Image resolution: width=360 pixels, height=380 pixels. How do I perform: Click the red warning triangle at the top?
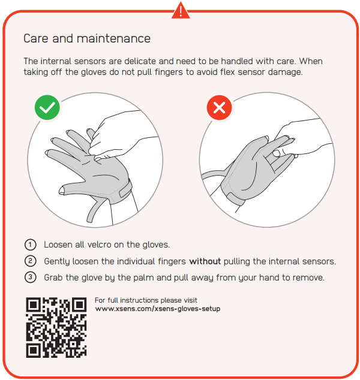click(x=181, y=10)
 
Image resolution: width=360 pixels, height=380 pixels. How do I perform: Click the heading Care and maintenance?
click(x=86, y=39)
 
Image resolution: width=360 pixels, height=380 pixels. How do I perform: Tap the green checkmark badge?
click(x=47, y=108)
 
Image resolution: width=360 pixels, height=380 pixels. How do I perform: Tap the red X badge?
click(x=219, y=108)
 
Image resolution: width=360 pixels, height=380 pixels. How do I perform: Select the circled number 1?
click(x=29, y=245)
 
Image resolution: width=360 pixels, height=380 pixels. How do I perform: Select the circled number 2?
click(x=29, y=261)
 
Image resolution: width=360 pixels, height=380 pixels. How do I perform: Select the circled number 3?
click(x=29, y=278)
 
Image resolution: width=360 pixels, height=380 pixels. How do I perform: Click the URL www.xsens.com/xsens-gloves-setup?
click(x=158, y=309)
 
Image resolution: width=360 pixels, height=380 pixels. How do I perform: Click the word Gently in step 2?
click(x=58, y=261)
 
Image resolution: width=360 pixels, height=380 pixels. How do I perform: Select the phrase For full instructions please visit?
click(x=146, y=300)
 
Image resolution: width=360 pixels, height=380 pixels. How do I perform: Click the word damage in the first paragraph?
click(x=284, y=72)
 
